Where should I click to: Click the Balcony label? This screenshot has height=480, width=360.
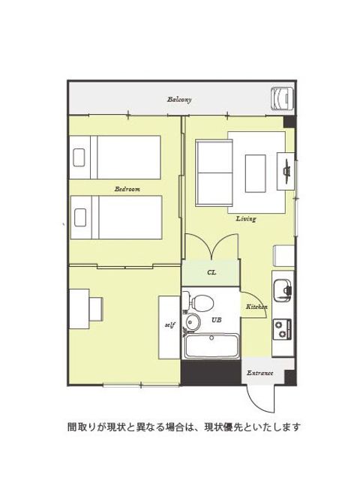click(179, 100)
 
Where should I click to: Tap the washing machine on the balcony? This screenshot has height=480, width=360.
click(283, 98)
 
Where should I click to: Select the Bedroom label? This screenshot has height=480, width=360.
click(127, 189)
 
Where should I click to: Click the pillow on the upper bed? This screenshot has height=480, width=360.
click(79, 157)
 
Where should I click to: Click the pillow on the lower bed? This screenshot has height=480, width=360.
click(80, 217)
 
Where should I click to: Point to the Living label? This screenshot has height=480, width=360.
click(246, 218)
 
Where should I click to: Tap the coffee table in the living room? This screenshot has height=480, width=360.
click(256, 173)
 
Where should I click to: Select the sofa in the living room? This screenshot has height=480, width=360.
click(214, 172)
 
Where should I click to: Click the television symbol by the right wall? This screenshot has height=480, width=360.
click(287, 171)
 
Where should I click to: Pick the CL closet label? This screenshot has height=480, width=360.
click(211, 272)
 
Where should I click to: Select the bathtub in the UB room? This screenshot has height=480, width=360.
click(211, 346)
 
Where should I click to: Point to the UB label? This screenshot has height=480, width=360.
click(217, 320)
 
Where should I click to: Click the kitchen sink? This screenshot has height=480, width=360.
click(282, 289)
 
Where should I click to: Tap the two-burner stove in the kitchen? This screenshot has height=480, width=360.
click(282, 328)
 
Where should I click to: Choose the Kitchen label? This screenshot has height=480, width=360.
click(256, 307)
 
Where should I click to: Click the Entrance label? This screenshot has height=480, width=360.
click(260, 373)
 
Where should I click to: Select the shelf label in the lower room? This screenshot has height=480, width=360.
click(170, 325)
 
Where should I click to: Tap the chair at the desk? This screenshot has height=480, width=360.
click(96, 309)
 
